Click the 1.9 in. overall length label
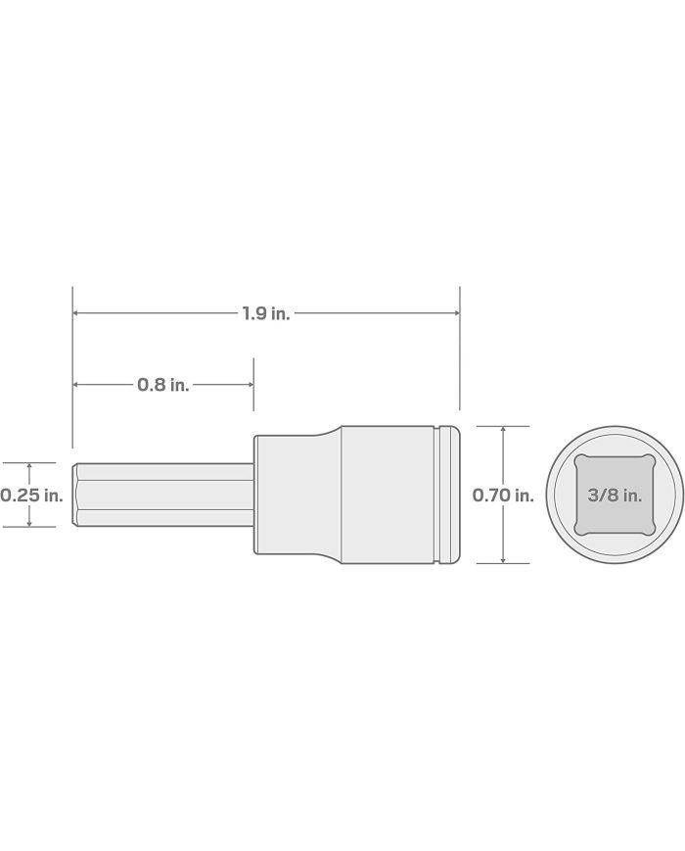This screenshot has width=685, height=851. [266, 313]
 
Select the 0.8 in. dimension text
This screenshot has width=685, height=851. [162, 385]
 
